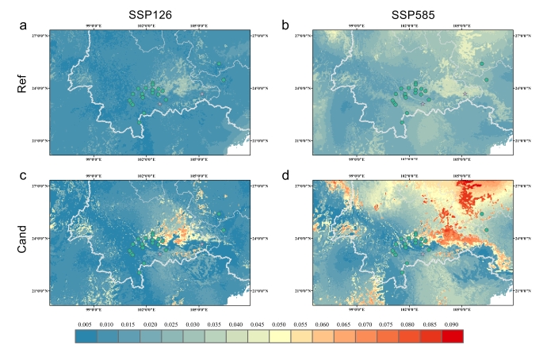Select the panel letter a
coord(24,27)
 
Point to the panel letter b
coord(285,27)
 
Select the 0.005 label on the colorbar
coord(85,325)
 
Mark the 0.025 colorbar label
coord(171,325)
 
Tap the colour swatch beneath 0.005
coord(85,337)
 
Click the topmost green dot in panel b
coord(481,63)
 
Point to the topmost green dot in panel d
coord(481,214)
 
